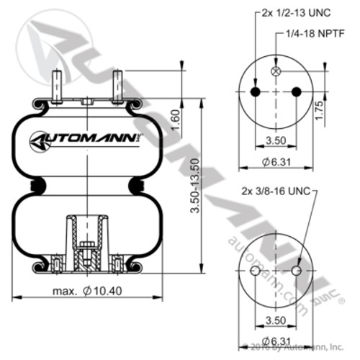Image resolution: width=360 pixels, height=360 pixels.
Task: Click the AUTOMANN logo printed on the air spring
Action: point(85,138)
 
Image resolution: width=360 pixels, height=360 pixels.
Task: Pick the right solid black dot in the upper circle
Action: point(296,91)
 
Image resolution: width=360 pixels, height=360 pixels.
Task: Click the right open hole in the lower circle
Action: point(296,271)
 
